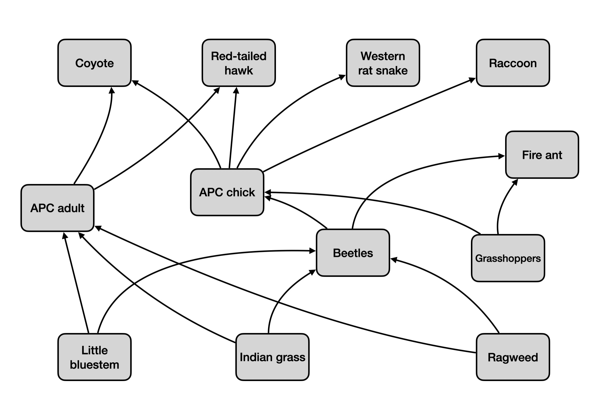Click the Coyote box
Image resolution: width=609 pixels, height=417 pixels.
pyautogui.click(x=94, y=63)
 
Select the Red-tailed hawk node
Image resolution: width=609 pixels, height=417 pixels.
pyautogui.click(x=239, y=63)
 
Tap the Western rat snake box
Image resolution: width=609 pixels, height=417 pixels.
pyautogui.click(x=383, y=63)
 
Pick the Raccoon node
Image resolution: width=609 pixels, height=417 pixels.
pyautogui.click(x=513, y=63)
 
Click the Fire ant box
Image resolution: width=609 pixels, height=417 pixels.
pyautogui.click(x=542, y=155)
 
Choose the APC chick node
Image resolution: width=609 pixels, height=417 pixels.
pyautogui.click(x=227, y=192)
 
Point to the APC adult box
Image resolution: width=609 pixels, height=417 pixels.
pyautogui.click(x=57, y=208)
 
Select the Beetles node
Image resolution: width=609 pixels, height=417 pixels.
pyautogui.click(x=353, y=253)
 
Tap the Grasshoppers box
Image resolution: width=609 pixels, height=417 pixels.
pyautogui.click(x=508, y=258)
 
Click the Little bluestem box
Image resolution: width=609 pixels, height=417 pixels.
pyautogui.click(x=94, y=357)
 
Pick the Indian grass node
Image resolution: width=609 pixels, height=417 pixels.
pyautogui.click(x=272, y=357)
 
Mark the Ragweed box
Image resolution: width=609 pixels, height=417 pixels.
pyautogui.click(x=513, y=357)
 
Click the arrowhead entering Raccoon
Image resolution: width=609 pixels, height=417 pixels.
pyautogui.click(x=472, y=80)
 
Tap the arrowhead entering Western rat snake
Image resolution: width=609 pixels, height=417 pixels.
pyautogui.click(x=342, y=77)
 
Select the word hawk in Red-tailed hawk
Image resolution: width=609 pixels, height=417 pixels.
pyautogui.click(x=239, y=70)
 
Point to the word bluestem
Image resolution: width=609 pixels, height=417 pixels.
pyautogui.click(x=94, y=365)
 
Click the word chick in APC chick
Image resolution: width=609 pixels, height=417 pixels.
pyautogui.click(x=240, y=192)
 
